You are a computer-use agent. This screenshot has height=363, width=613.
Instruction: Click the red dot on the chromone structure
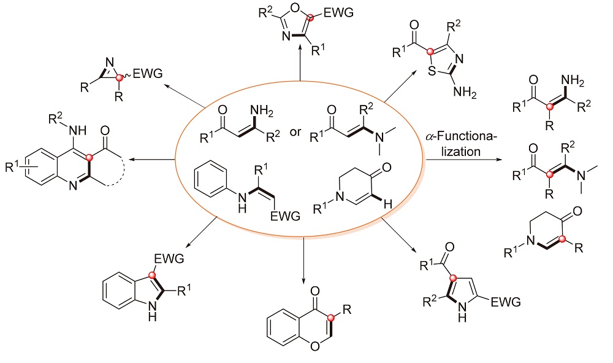332,318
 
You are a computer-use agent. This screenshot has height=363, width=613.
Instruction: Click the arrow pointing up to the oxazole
300,64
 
